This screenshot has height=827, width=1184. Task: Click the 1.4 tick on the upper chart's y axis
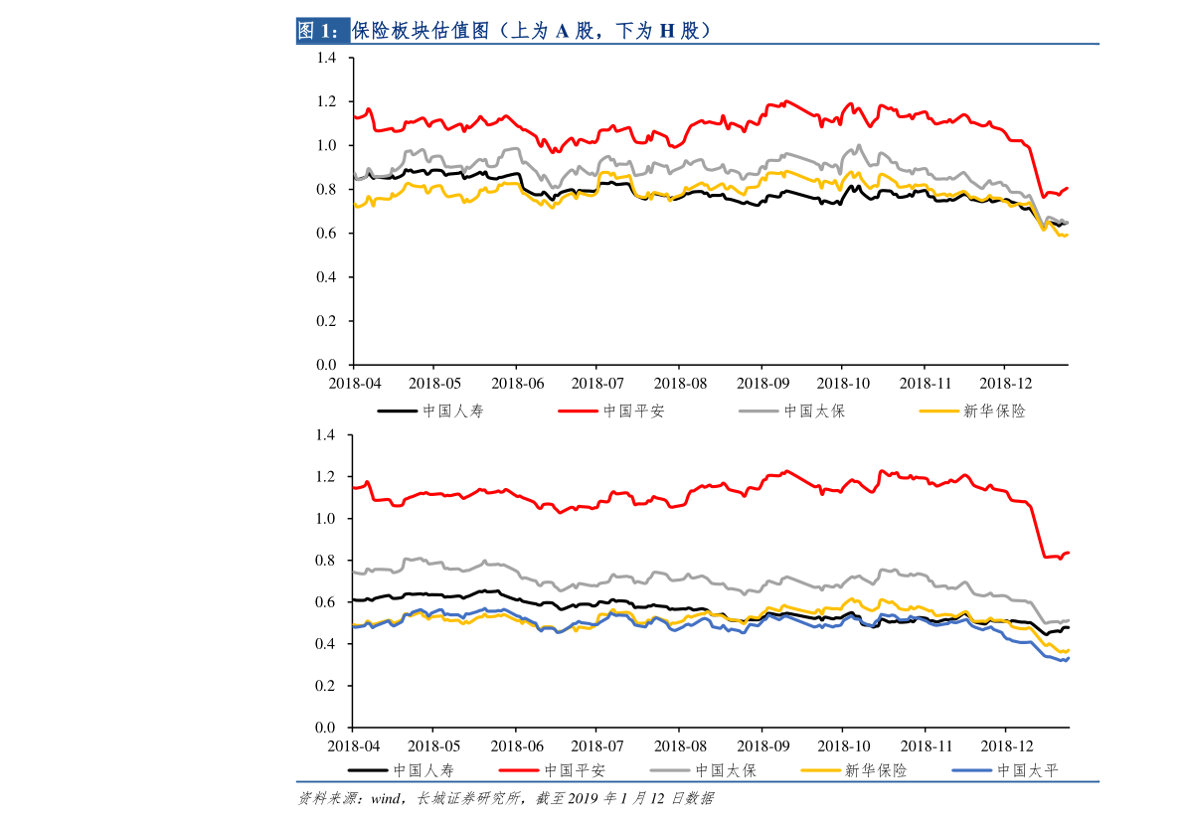(x=327, y=59)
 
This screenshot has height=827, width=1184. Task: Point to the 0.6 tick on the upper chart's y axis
(x=327, y=234)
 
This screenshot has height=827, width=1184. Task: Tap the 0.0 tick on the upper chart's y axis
(x=327, y=365)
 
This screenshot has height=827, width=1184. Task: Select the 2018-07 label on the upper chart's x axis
(x=597, y=383)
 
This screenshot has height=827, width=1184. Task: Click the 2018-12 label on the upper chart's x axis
(x=1006, y=383)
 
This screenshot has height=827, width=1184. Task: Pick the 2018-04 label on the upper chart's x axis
(x=355, y=383)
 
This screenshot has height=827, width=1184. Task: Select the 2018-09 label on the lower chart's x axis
(x=761, y=745)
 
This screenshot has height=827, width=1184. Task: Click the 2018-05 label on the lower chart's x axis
(x=434, y=745)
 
